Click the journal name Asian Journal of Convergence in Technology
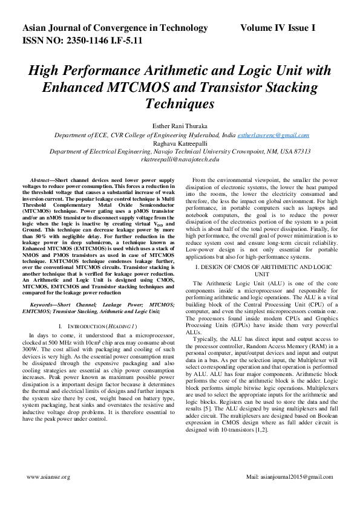point(115,28)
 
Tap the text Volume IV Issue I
point(277,28)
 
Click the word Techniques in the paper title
point(180,104)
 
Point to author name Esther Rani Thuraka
point(180,126)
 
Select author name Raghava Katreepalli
point(180,144)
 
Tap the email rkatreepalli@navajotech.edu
point(180,160)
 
